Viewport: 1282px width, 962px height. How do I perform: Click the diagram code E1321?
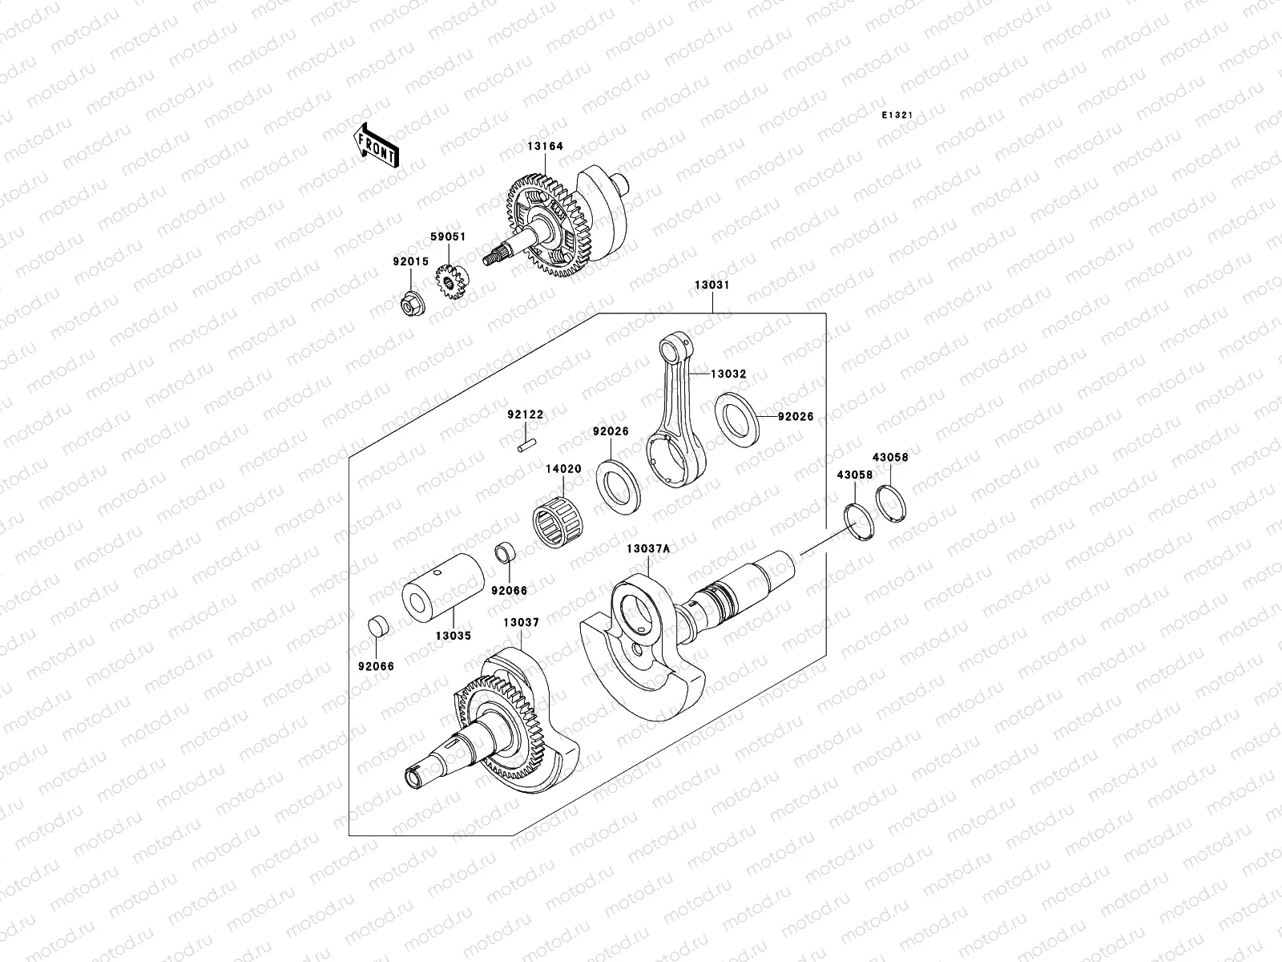point(897,115)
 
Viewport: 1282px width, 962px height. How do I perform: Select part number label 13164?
point(545,147)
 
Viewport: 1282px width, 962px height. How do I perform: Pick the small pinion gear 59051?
point(452,284)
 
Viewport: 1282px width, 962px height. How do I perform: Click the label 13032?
point(728,374)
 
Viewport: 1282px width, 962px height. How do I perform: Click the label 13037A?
point(647,548)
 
